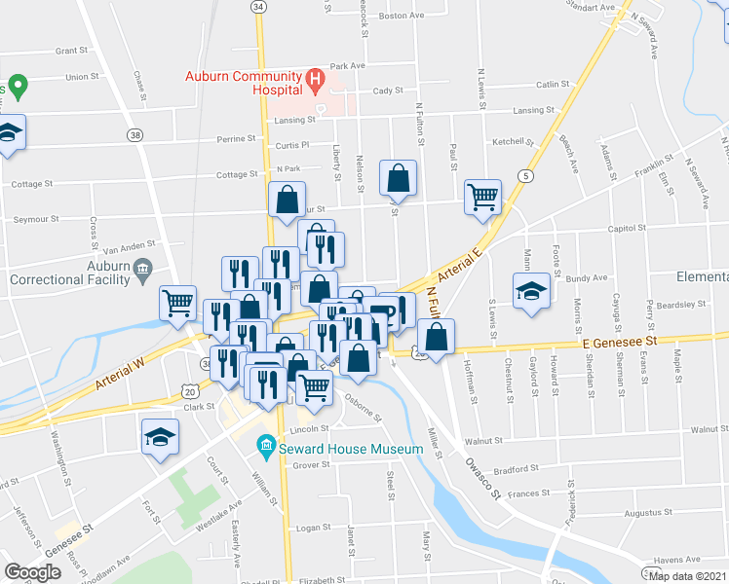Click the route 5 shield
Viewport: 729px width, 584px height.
526,175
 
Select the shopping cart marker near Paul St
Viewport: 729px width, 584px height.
481,198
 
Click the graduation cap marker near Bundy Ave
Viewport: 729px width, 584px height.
530,290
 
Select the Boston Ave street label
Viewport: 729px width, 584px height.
403,16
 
